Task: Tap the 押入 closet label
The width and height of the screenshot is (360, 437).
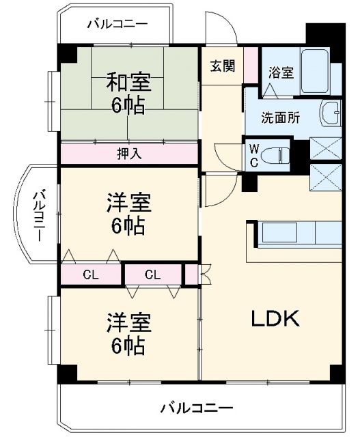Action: (128, 154)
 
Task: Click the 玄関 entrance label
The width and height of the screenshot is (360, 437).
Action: (222, 66)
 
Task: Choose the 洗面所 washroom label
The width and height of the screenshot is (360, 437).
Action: (280, 117)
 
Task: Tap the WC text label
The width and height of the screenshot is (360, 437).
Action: (253, 154)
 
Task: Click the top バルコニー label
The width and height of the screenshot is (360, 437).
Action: (117, 25)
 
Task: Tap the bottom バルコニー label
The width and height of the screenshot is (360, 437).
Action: (197, 408)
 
